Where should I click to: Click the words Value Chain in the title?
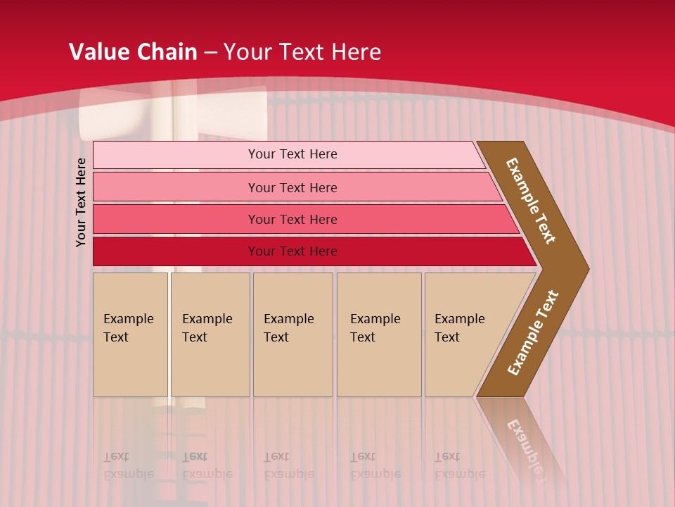pos(133,52)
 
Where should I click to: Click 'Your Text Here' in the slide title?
pos(302,52)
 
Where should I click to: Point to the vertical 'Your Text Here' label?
pos(81,203)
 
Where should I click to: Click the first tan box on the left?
pos(130,334)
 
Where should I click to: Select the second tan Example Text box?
pos(210,334)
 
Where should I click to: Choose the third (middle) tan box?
pos(292,334)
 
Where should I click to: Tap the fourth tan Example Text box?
pos(379,334)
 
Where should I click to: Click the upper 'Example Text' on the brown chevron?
pos(531,201)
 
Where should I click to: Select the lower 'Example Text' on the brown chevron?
pos(533,333)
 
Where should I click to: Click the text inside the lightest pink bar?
pos(292,154)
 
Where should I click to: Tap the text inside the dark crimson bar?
pos(292,251)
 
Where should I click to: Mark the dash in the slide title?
pos(210,53)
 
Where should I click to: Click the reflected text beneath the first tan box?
pos(128,465)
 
